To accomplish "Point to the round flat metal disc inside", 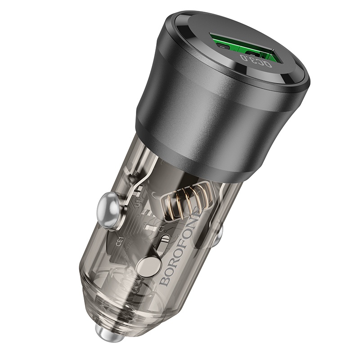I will [x=149, y=268].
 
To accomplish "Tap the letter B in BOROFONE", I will [x=165, y=281].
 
